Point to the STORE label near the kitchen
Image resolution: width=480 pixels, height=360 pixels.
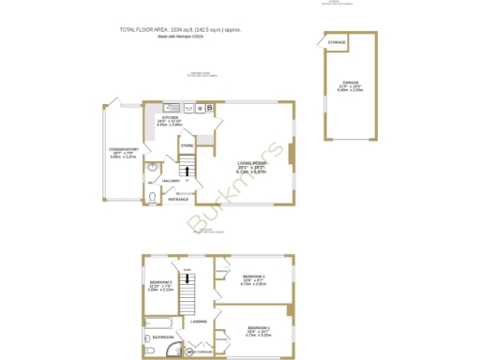(x=187, y=146)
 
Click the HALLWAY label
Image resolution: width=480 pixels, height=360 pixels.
(x=171, y=180)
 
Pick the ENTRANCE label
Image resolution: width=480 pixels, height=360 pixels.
(x=178, y=199)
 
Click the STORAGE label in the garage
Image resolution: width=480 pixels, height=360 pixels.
(x=336, y=42)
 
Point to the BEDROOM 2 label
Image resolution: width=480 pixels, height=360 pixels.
(x=253, y=277)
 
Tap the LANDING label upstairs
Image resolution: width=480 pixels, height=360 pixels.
(x=198, y=322)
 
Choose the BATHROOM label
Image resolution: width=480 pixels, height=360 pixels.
(x=163, y=337)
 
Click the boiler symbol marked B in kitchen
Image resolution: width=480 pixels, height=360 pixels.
(x=210, y=107)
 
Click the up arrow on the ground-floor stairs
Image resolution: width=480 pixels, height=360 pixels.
(x=187, y=172)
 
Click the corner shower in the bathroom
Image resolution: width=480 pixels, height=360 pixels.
(x=172, y=351)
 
